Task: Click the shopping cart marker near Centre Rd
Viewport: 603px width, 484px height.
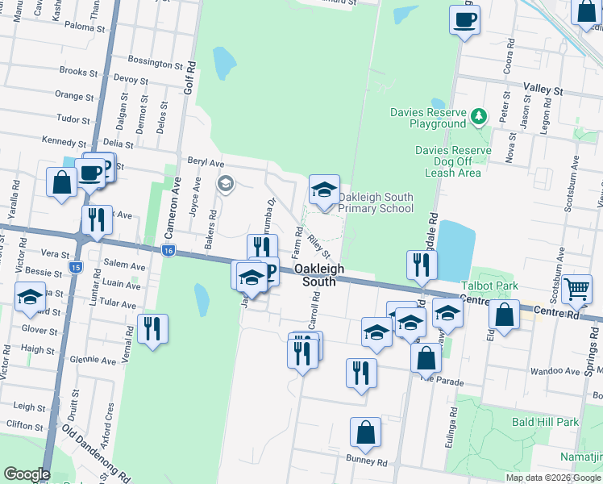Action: pos(577,288)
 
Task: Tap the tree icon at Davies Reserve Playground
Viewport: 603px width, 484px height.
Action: pos(480,116)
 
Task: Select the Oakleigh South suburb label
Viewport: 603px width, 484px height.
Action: pos(319,275)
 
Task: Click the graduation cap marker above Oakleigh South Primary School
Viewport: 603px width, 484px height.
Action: pos(324,190)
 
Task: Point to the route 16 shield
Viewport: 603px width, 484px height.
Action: pos(168,251)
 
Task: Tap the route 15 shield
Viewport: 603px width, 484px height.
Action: pos(76,266)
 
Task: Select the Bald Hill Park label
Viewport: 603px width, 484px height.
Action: pos(545,422)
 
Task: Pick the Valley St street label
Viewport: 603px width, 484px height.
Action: pos(543,90)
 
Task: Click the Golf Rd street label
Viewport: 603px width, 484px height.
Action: pos(190,78)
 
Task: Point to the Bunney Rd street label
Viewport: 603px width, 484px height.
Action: pos(368,463)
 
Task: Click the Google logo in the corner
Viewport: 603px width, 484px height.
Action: pos(27,474)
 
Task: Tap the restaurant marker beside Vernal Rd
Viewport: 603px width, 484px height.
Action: pos(152,328)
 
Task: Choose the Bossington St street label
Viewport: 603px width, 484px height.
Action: pos(157,61)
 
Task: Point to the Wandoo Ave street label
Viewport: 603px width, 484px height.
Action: pos(559,372)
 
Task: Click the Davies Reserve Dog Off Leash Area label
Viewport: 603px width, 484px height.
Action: pos(453,161)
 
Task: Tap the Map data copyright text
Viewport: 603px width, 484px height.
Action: pos(554,478)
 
